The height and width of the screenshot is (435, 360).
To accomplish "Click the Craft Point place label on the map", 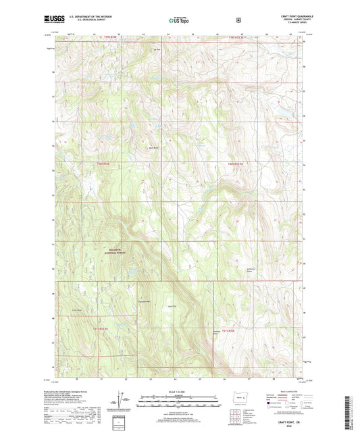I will click(x=76, y=311).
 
